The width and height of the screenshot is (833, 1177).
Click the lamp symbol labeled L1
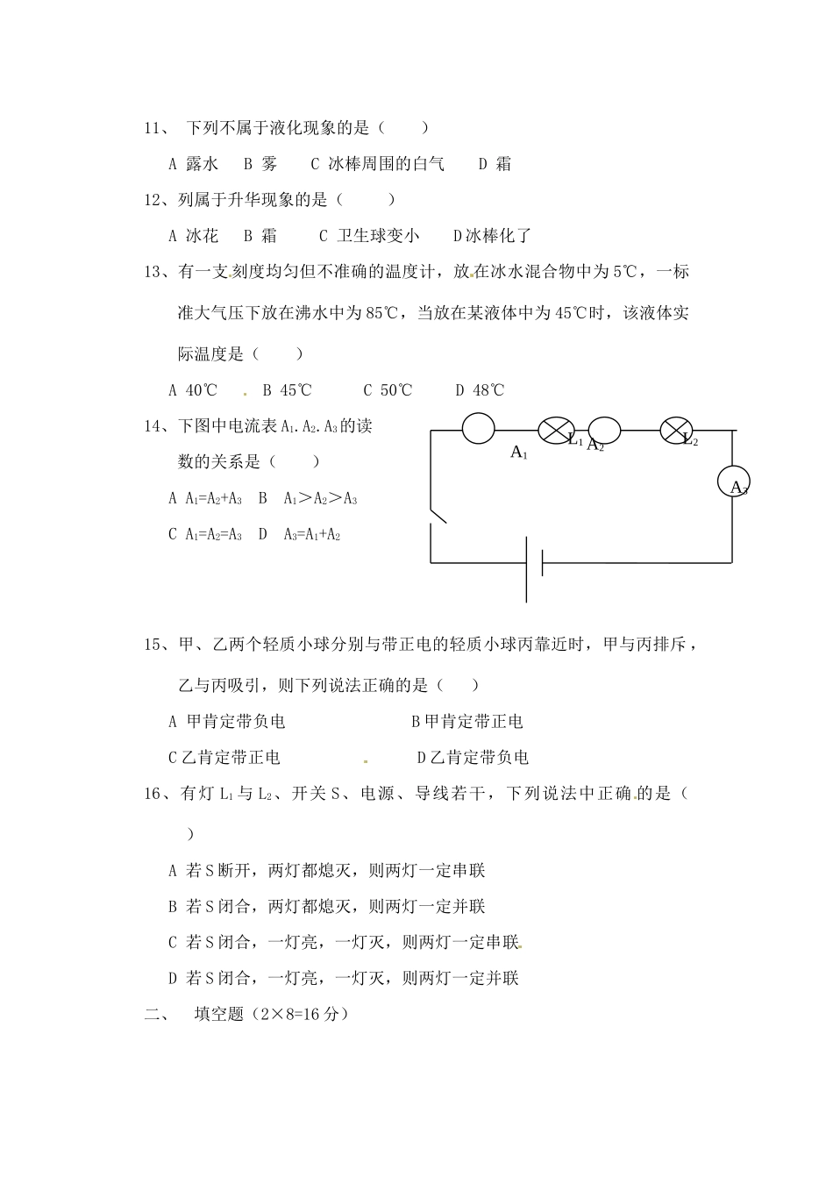(555, 430)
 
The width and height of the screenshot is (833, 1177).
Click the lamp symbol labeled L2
(675, 430)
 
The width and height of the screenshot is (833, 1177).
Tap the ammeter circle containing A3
(733, 483)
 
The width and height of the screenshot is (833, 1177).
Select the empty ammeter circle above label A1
(479, 429)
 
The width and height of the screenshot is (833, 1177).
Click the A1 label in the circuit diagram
(519, 453)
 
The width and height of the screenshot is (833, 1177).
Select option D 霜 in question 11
(495, 164)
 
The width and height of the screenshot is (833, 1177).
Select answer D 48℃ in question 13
(480, 390)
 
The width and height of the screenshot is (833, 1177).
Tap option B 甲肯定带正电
(467, 722)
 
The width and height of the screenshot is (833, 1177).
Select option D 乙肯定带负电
(473, 758)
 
